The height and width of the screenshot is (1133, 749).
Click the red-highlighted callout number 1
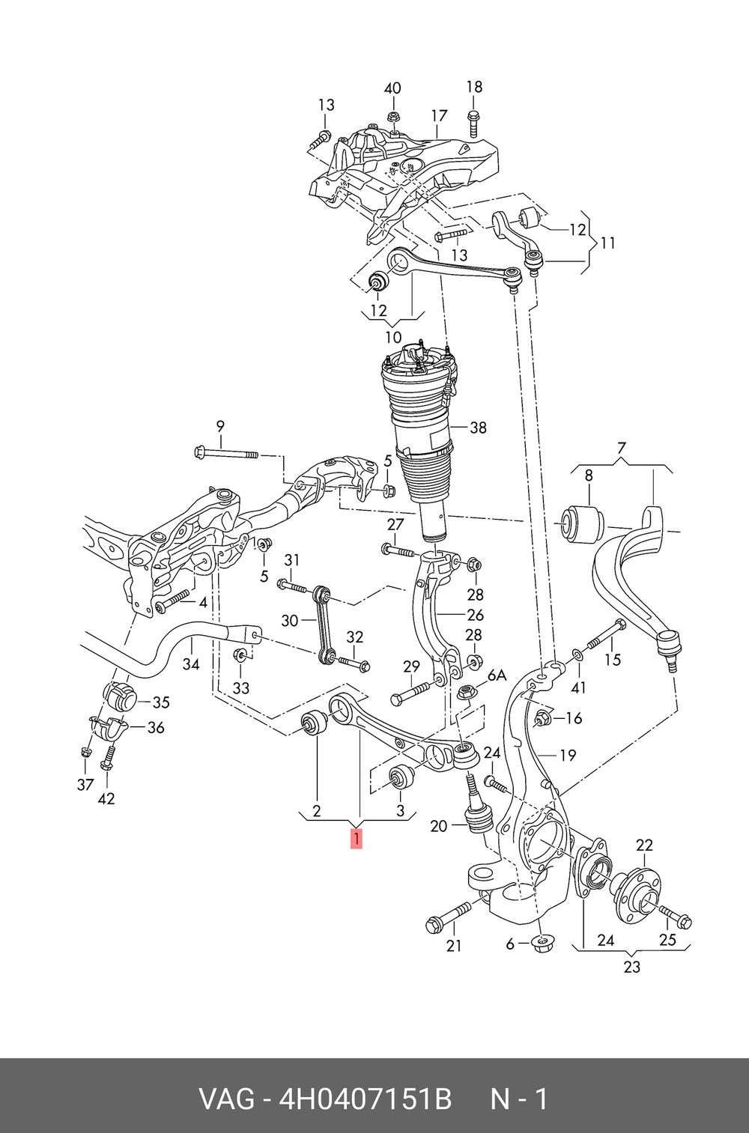coord(357,839)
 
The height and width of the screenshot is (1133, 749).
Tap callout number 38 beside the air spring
coord(478,428)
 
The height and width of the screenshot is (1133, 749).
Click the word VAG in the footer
coord(228,1099)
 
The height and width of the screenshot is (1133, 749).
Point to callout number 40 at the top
coord(392,88)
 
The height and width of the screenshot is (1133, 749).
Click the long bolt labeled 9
coord(225,453)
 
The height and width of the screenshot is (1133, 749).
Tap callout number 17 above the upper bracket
coord(439,115)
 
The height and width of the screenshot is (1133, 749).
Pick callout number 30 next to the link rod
coord(289,620)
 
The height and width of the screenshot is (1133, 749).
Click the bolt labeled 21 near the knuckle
coord(449,916)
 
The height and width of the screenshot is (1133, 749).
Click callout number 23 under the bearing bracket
coord(632,967)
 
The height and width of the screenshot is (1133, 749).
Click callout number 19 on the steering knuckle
coord(568,755)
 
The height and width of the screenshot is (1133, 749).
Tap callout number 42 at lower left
coord(106,798)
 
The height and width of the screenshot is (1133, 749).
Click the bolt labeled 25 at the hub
coord(676,917)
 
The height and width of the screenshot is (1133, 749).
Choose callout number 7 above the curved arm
coord(621,449)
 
